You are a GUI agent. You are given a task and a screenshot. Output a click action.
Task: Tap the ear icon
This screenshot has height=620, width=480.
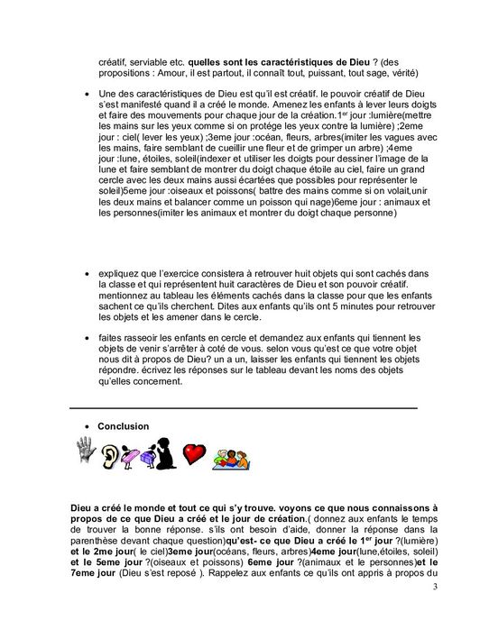112,453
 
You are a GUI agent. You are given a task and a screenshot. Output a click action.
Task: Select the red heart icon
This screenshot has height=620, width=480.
194,453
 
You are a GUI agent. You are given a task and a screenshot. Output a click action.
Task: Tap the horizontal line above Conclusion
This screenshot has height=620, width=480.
244,407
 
